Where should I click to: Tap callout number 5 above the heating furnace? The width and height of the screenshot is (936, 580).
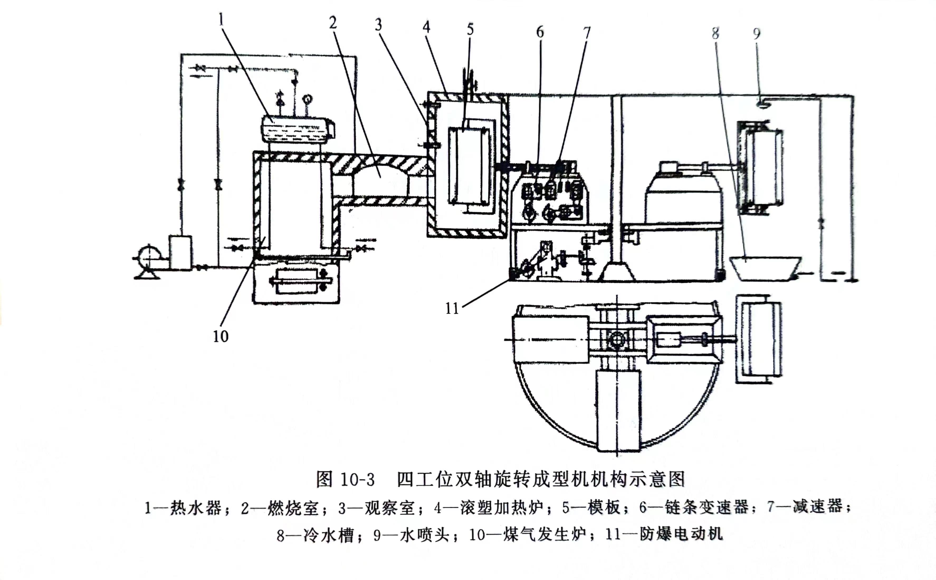click(x=470, y=29)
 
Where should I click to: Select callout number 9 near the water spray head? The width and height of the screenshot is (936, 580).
click(x=756, y=34)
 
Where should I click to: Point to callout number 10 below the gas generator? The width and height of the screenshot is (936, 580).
click(x=221, y=336)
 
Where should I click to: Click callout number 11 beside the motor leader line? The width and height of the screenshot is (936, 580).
click(x=452, y=308)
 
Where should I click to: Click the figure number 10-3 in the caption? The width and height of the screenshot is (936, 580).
click(x=357, y=480)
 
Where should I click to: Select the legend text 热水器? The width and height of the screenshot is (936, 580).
click(x=196, y=508)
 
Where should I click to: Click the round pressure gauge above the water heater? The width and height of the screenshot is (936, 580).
click(x=307, y=98)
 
